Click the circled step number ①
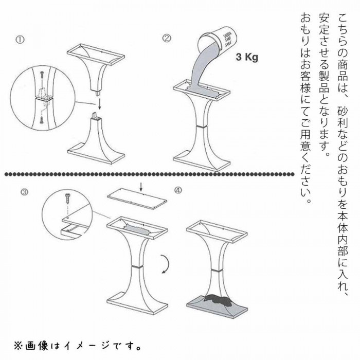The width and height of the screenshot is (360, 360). (x=20, y=39)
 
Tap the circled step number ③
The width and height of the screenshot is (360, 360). (x=25, y=192)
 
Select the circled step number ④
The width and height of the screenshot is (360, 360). (x=178, y=190)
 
